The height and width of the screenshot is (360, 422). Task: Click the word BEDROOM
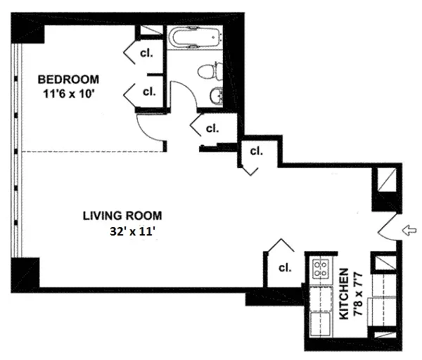(68, 78)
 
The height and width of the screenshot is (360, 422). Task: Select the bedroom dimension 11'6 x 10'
(69, 91)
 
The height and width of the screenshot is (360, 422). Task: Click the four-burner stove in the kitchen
(321, 269)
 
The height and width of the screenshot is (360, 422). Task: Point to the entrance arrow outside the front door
(411, 229)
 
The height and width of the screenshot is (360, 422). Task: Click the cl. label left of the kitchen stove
(285, 267)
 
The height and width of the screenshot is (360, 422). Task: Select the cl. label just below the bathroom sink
(211, 128)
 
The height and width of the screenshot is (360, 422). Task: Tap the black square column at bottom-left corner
(23, 270)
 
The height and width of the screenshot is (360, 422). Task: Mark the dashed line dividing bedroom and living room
(91, 151)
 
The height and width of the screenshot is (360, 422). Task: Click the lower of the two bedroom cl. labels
(149, 91)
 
